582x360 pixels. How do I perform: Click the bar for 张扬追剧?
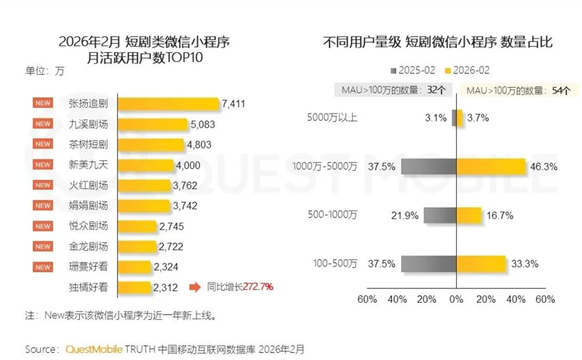168,104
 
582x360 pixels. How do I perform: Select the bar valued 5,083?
153,124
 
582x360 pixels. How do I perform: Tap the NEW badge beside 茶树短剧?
43,144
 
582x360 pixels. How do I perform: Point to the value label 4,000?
188,165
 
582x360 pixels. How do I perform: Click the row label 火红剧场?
88,185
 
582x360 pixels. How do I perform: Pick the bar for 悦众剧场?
137,226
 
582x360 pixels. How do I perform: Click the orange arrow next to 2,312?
195,287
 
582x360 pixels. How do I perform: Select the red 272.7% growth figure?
258,287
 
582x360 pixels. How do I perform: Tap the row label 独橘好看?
88,287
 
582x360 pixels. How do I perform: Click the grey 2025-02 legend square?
393,71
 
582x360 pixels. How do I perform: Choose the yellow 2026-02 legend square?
448,71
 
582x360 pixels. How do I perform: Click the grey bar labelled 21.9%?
440,215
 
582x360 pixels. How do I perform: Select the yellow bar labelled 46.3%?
491,167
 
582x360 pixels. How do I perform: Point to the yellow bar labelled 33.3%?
481,264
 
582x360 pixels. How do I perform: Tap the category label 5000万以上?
332,117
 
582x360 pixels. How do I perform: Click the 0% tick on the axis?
456,300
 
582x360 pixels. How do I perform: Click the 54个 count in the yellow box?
561,91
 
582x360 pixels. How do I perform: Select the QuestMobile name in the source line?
94,349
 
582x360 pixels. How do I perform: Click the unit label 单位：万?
45,71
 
